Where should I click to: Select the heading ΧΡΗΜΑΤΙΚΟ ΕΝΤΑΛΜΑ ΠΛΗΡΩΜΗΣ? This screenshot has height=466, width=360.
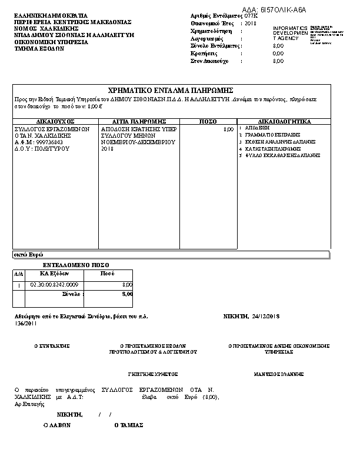tap(171, 91)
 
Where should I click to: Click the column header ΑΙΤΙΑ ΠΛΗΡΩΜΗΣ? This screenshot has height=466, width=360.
tap(140, 121)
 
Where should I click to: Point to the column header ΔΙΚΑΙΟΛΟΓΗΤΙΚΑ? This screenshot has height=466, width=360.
tap(284, 121)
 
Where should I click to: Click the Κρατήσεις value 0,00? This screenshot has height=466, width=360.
tap(278, 54)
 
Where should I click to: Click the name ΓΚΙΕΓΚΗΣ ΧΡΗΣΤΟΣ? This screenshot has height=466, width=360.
tap(153, 374)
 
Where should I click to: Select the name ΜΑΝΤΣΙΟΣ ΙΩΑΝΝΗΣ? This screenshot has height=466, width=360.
tap(278, 374)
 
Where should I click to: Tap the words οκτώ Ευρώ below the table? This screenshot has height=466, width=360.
tap(24, 255)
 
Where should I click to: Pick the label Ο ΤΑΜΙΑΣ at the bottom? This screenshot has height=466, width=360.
tap(129, 425)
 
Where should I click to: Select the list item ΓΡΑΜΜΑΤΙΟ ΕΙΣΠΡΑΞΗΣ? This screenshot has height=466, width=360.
tap(268, 135)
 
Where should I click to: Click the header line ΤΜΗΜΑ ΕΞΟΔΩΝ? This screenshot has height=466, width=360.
tap(39, 49)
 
